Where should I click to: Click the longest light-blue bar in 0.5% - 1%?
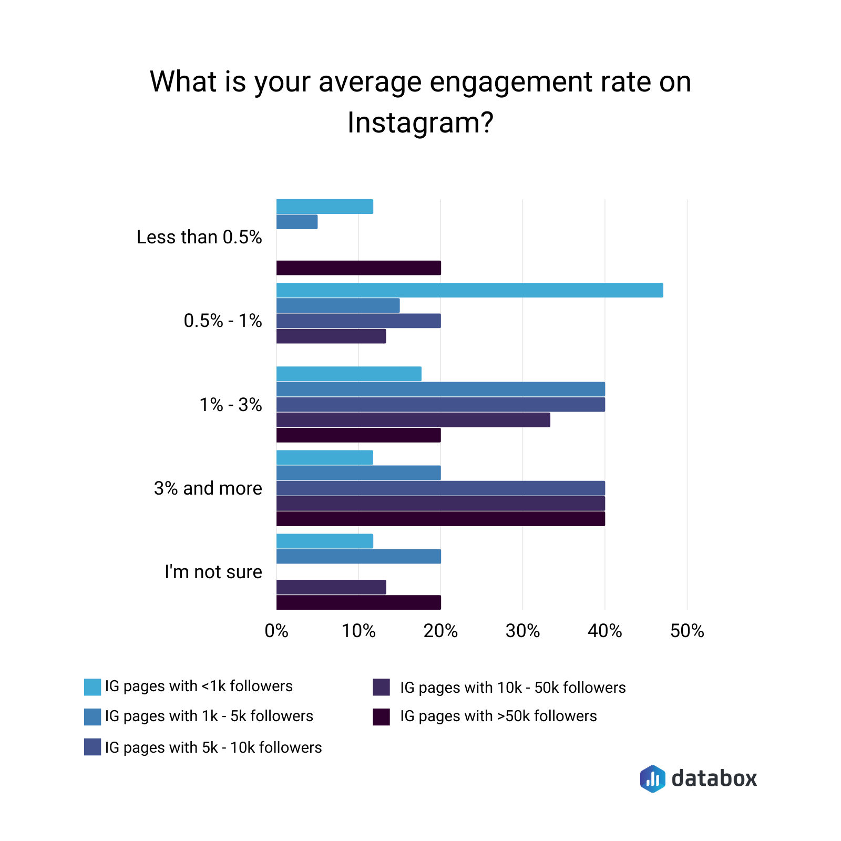tap(469, 290)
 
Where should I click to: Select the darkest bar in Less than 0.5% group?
tap(358, 268)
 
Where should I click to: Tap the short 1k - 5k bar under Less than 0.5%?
tap(297, 222)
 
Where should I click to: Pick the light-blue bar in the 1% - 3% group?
tap(348, 374)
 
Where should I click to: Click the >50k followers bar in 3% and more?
tap(440, 519)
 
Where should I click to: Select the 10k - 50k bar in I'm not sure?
tap(331, 587)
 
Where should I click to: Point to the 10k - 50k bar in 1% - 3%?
tap(413, 420)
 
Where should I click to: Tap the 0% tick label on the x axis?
tap(276, 631)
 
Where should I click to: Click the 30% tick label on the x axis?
tap(522, 631)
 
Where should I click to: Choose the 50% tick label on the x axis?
tap(686, 631)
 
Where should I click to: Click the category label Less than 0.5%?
tap(199, 237)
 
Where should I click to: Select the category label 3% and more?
tap(208, 488)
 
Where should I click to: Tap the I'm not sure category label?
tap(213, 572)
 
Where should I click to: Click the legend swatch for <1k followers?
tap(93, 687)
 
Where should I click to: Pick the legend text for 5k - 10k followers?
tap(213, 747)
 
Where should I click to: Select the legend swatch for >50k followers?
tap(382, 717)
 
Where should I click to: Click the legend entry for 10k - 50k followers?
tap(512, 688)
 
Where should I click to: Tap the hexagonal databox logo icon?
tap(652, 778)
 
